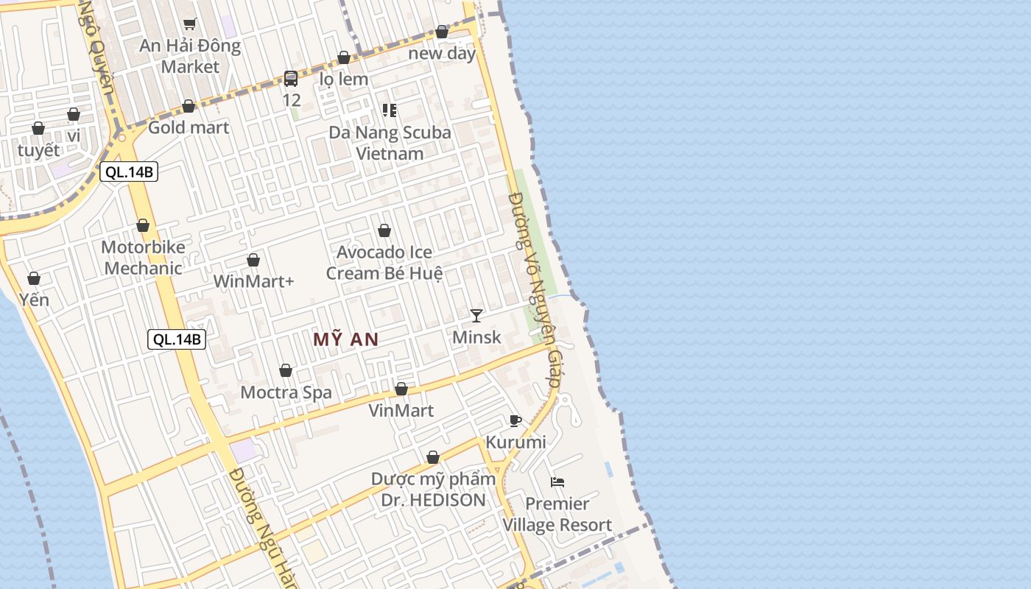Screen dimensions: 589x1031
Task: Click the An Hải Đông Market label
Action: coord(190,56)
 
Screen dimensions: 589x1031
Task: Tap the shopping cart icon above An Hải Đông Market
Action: coord(190,24)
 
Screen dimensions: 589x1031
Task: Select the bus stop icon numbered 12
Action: coord(291,79)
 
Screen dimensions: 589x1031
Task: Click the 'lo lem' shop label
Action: coord(344,79)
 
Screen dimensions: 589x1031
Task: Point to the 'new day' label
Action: coord(442,53)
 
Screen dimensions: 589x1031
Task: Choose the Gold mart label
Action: coord(189,127)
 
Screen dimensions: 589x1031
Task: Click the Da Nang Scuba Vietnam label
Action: coord(390,143)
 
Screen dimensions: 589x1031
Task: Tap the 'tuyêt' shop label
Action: coord(38,150)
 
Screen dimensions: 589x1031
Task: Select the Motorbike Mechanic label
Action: coord(143,258)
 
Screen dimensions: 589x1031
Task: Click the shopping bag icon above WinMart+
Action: coord(253,260)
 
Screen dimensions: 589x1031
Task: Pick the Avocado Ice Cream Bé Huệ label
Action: coord(384,263)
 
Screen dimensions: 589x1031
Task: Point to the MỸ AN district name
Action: coord(345,339)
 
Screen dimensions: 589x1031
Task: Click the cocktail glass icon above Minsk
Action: coord(476,316)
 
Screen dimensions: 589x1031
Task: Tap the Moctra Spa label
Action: coord(286,392)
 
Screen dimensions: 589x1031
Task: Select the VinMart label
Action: coord(401,410)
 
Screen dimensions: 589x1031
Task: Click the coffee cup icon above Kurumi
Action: coord(515,421)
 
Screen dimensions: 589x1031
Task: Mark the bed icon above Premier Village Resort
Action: coord(557,482)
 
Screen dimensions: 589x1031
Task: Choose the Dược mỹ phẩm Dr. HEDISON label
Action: coord(433,490)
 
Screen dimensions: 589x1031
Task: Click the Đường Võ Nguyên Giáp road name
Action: coord(535,292)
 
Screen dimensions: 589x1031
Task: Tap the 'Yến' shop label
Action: coord(34,300)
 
